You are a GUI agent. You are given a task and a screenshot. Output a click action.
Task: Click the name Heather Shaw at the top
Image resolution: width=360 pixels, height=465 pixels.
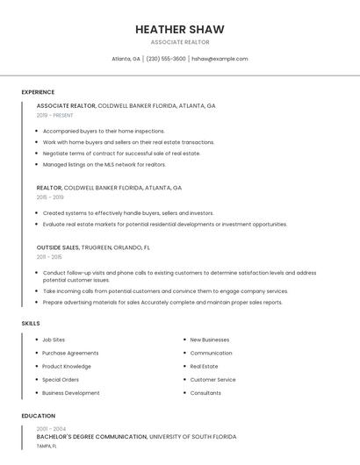pyautogui.click(x=179, y=29)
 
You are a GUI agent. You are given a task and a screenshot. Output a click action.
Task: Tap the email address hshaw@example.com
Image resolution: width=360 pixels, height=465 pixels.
pyautogui.click(x=220, y=59)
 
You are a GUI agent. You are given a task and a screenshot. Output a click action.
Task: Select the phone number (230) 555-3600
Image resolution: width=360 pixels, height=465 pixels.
pyautogui.click(x=166, y=59)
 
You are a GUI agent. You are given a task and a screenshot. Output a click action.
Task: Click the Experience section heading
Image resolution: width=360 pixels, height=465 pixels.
pyautogui.click(x=38, y=92)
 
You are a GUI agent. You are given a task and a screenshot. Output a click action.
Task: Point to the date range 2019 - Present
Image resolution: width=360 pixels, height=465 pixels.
pyautogui.click(x=55, y=115)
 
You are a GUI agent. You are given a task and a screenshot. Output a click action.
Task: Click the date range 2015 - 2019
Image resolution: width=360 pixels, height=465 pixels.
pyautogui.click(x=50, y=197)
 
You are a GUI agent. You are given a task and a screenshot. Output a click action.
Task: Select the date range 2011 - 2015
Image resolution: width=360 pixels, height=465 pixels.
pyautogui.click(x=49, y=257)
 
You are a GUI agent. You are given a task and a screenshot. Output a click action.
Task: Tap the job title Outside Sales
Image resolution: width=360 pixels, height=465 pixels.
pyautogui.click(x=57, y=247)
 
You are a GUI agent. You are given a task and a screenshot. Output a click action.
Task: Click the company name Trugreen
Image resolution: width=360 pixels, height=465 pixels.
pyautogui.click(x=98, y=247)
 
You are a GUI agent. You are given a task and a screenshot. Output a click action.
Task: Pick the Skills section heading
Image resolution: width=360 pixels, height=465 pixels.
pyautogui.click(x=31, y=323)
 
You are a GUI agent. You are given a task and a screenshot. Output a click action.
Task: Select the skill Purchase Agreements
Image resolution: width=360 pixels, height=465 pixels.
pyautogui.click(x=70, y=353)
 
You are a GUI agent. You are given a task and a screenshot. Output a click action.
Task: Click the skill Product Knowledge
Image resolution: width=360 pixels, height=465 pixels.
pyautogui.click(x=67, y=366)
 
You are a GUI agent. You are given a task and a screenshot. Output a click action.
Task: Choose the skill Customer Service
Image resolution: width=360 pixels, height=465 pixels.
pyautogui.click(x=212, y=380)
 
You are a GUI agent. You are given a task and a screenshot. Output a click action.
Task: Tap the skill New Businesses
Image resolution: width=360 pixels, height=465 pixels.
pyautogui.click(x=210, y=340)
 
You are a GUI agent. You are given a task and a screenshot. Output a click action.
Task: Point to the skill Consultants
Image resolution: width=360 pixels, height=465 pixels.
pyautogui.click(x=205, y=393)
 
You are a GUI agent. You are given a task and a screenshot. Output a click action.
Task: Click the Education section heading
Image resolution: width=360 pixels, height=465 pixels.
pyautogui.click(x=38, y=416)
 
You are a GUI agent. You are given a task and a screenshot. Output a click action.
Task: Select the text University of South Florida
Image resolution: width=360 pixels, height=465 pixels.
pyautogui.click(x=192, y=436)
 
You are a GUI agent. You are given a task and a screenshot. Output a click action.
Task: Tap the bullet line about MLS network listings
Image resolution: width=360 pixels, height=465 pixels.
pyautogui.click(x=104, y=164)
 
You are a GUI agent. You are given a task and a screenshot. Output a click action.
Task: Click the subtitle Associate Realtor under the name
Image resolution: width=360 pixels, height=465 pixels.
pyautogui.click(x=179, y=42)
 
